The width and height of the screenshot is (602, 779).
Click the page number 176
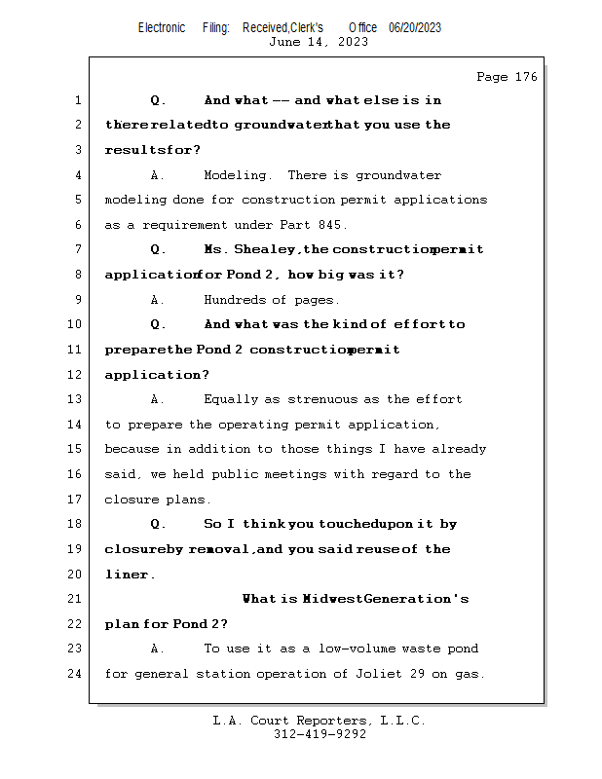click(522, 77)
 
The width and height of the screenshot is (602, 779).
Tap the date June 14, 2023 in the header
click(319, 42)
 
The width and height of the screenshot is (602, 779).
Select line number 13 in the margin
click(76, 399)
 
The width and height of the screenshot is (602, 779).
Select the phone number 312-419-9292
click(319, 735)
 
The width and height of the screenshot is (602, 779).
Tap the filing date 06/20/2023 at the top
click(415, 28)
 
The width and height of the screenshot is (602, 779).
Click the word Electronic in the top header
click(162, 28)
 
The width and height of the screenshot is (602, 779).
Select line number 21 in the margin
click(76, 599)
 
